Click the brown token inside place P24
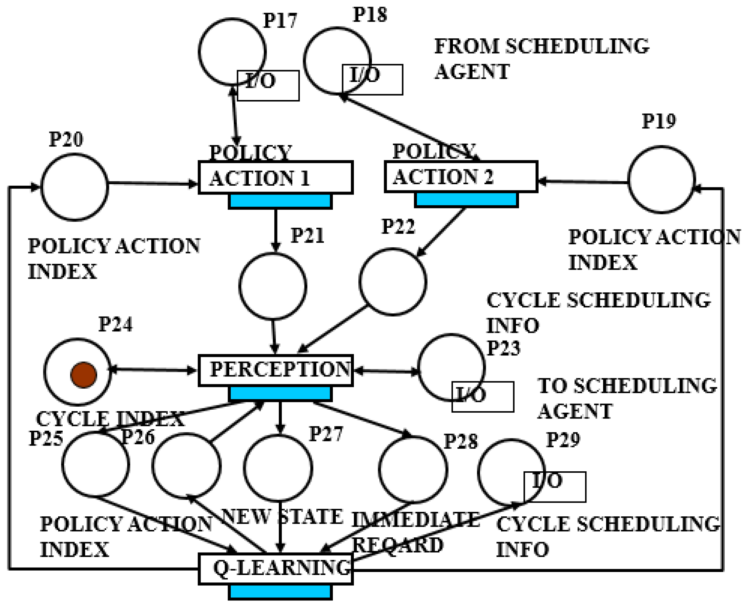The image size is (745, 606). [84, 375]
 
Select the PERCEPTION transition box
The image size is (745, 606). [276, 371]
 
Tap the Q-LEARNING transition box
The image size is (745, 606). [276, 569]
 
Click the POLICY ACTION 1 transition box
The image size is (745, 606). [276, 178]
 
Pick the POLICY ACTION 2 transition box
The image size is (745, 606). [461, 177]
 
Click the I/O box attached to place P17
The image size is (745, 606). [268, 86]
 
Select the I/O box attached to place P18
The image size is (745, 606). [372, 80]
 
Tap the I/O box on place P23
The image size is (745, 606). [483, 397]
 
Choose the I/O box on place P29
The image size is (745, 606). [554, 487]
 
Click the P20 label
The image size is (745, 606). [66, 140]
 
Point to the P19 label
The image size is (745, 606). [659, 121]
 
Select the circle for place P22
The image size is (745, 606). [393, 282]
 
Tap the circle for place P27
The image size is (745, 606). [278, 468]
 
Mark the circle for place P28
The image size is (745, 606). [413, 469]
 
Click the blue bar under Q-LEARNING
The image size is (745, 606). [280, 592]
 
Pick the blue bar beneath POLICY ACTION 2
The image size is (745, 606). [466, 200]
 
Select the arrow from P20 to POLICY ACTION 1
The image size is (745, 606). [153, 183]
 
